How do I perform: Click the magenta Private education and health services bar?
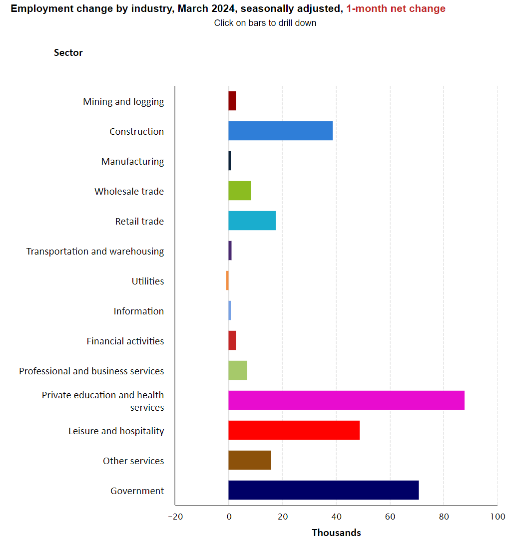coord(346,400)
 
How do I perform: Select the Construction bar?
coord(280,131)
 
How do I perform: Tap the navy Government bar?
coord(323,490)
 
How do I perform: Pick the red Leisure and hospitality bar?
coord(294,430)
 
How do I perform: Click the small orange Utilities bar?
coord(227,280)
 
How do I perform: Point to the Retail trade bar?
coord(252,221)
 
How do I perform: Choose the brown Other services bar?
coord(250,460)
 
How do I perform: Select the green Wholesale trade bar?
coord(240,191)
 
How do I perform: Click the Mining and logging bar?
coord(232,101)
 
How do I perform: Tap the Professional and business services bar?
coord(238,370)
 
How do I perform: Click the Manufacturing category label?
coord(132,162)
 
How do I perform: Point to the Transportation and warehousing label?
coord(95,252)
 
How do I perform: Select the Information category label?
coord(138,311)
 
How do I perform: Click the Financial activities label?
coord(125,341)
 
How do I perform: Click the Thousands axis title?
coord(336,533)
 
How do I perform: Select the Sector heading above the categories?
coord(68,53)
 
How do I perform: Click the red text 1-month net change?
coord(396,9)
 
